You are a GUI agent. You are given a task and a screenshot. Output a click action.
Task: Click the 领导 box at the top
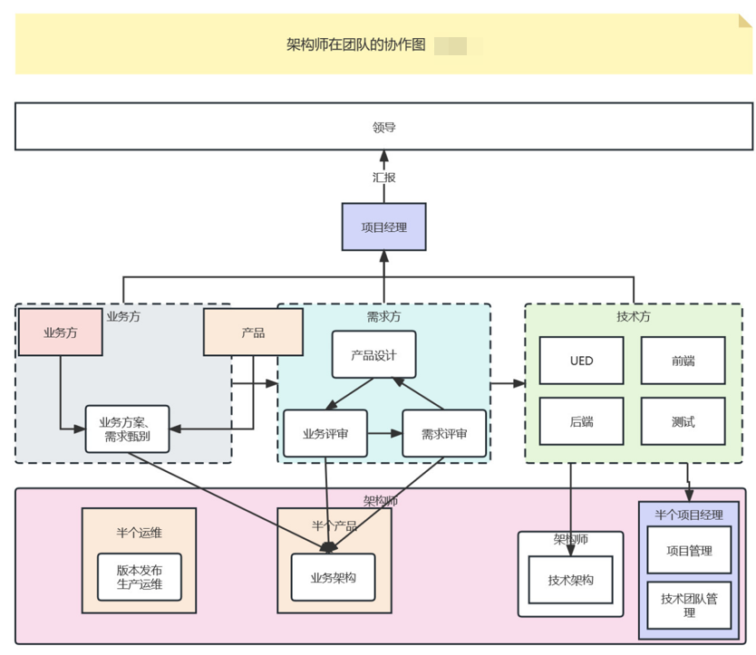(383, 127)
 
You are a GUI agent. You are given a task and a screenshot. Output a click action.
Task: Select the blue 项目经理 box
(383, 226)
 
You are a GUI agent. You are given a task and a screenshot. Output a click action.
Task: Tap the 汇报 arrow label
(383, 178)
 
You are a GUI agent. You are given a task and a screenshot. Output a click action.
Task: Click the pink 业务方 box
(60, 332)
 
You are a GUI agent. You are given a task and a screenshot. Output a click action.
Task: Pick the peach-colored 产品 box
(253, 332)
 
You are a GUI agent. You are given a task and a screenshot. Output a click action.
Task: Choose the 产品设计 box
(373, 354)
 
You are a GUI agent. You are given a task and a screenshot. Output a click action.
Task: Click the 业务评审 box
(325, 434)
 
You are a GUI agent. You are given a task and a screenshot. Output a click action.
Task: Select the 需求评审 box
(444, 434)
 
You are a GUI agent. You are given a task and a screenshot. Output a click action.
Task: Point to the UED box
(581, 361)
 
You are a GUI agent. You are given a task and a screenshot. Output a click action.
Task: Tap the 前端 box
(683, 361)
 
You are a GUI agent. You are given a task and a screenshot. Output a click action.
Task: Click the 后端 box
(581, 421)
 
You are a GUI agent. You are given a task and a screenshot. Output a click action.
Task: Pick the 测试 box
(683, 421)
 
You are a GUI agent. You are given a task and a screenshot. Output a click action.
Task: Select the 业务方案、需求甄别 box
(127, 429)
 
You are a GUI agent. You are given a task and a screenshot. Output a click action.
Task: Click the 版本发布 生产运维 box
(139, 577)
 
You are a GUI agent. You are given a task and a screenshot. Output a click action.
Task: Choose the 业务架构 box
(333, 577)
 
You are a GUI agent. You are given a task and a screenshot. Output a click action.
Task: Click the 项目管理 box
(689, 550)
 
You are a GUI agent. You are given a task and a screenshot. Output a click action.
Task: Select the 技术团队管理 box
(689, 605)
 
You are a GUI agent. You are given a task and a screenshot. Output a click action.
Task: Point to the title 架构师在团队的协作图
(355, 44)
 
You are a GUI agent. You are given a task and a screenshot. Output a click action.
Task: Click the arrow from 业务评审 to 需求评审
(384, 434)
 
